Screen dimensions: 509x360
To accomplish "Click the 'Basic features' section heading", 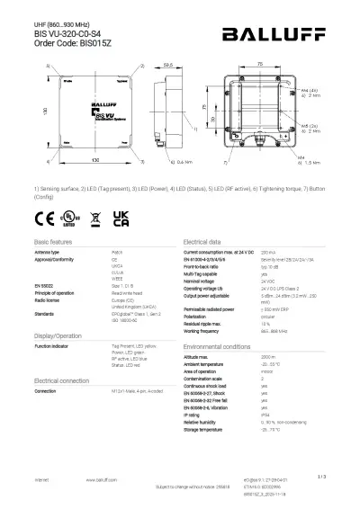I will tap(53, 244).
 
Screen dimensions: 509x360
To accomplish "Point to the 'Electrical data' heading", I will tap(202, 244).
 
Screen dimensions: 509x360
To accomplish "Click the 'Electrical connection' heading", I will tap(61, 381).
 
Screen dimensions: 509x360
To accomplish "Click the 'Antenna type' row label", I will tap(49, 254).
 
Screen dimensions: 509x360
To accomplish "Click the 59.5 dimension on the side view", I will tap(167, 66).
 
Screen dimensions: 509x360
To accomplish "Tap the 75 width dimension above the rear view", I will tap(259, 65).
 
